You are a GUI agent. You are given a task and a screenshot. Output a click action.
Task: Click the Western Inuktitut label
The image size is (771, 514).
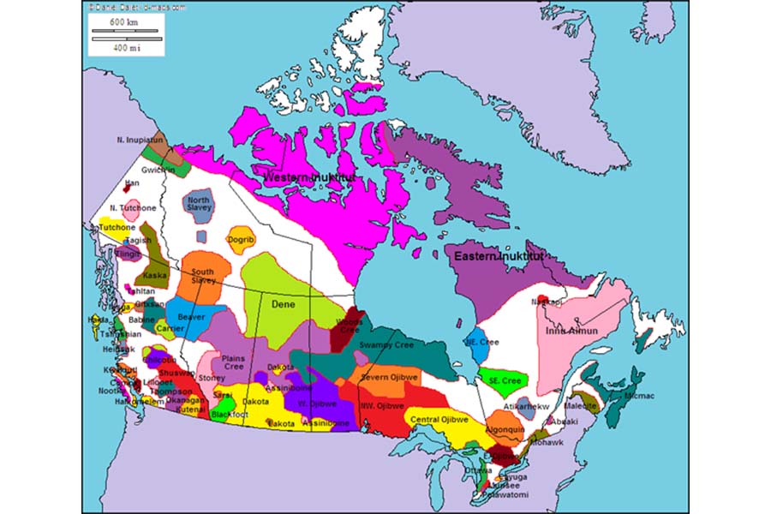tap(309, 178)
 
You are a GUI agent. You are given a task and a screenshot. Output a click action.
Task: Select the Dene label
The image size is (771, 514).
tap(283, 304)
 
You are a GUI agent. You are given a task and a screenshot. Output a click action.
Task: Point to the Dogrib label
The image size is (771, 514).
tap(242, 240)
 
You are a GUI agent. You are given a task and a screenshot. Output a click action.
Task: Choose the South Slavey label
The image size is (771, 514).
tap(203, 276)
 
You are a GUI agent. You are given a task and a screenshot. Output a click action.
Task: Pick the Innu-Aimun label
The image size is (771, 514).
tap(572, 330)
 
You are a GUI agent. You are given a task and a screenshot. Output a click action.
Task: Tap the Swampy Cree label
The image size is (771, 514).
tap(385, 344)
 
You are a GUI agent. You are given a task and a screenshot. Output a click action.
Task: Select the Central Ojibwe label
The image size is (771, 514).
tap(439, 420)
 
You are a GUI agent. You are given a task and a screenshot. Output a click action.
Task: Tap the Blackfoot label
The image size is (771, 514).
tap(230, 415)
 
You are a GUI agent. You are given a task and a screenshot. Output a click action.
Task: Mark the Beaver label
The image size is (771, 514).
tap(190, 317)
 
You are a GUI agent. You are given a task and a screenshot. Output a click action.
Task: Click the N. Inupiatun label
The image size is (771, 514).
tap(140, 139)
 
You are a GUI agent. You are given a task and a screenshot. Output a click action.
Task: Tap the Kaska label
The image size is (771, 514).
tap(156, 275)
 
